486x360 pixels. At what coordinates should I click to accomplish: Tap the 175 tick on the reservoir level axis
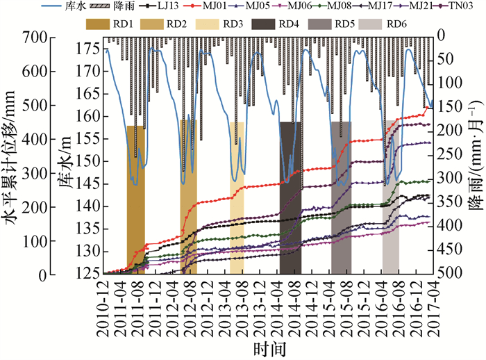tap(89, 49)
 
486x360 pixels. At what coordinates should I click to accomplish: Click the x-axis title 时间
tap(267, 347)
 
